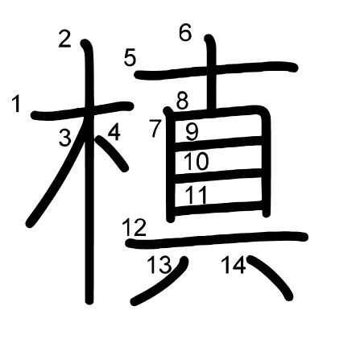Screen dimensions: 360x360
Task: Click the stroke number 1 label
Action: tap(16, 105)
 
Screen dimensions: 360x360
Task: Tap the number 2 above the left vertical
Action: tap(64, 39)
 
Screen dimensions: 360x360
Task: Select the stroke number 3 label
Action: tap(65, 138)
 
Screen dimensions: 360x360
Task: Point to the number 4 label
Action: tap(114, 132)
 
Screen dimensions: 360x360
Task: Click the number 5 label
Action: tap(130, 58)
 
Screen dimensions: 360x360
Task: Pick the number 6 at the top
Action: tap(185, 33)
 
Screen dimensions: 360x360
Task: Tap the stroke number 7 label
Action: tap(155, 129)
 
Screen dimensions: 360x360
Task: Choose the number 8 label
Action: tap(183, 101)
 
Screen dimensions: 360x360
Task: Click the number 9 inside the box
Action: tap(192, 132)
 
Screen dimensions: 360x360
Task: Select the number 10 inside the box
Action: tap(196, 161)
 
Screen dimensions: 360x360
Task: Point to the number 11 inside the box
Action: tap(197, 195)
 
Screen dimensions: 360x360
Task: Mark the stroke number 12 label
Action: tap(134, 228)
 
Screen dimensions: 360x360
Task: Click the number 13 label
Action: tap(159, 265)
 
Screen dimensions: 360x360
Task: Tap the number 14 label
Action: tap(234, 265)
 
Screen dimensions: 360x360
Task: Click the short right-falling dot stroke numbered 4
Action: tap(112, 154)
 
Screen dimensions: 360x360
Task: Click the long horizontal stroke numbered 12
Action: tap(217, 239)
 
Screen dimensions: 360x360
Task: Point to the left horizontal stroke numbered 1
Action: tap(82, 110)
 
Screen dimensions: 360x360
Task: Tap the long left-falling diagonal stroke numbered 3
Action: tap(59, 175)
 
